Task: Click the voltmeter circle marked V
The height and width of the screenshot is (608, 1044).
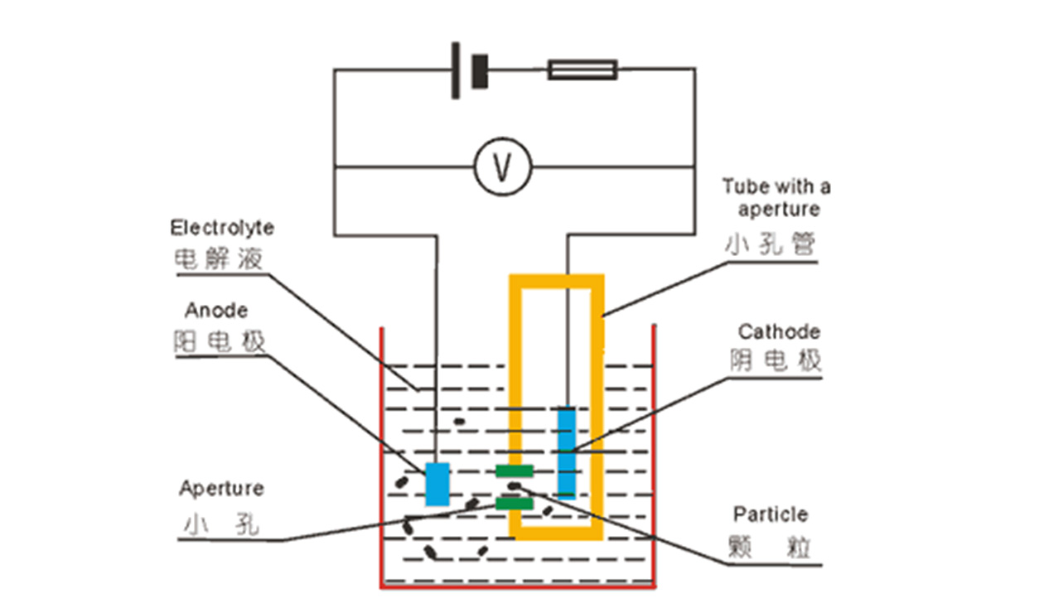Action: (502, 166)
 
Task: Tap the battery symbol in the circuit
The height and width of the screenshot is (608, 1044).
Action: (469, 70)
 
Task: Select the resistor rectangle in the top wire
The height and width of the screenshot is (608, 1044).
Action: (582, 70)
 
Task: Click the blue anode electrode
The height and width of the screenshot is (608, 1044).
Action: (437, 485)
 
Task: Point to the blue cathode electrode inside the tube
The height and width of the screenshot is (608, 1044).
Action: (567, 449)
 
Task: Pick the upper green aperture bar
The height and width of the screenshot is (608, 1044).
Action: (514, 471)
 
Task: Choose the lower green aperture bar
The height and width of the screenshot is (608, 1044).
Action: (514, 503)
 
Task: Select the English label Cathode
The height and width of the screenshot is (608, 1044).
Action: (779, 332)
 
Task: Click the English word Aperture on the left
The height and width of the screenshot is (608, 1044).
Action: (221, 488)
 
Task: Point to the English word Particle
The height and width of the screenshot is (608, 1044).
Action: (771, 514)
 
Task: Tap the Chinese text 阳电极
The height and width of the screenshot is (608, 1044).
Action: (220, 341)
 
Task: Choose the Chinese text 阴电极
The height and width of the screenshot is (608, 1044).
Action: (776, 361)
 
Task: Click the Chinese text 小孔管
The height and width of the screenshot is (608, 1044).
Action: (771, 244)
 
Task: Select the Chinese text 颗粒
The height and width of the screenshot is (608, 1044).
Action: (771, 547)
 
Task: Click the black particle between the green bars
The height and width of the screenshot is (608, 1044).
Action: (515, 486)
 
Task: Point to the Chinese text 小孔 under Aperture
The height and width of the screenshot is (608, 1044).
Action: (220, 524)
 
